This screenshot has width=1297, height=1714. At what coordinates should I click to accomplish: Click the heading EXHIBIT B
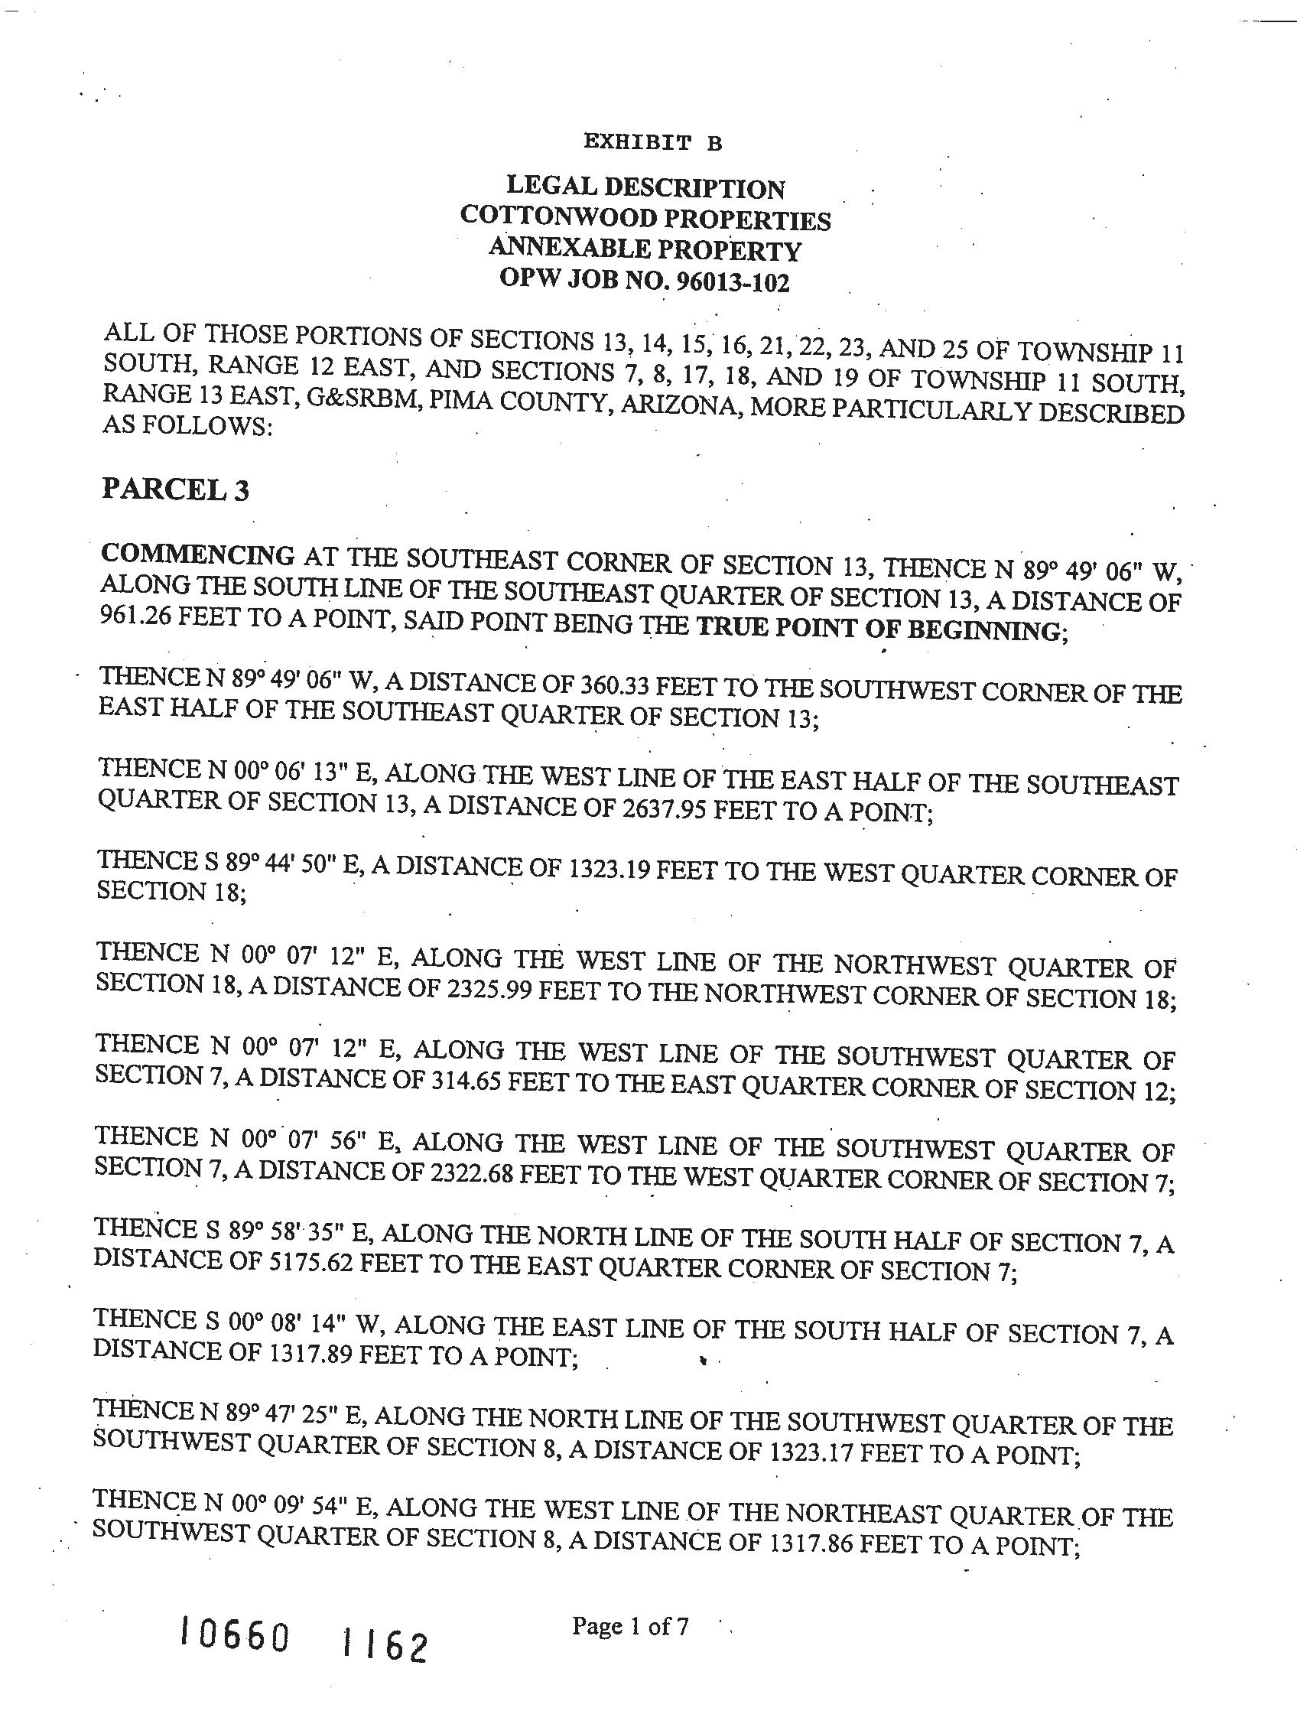pos(652,142)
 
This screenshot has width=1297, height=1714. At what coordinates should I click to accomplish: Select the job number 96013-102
pos(733,283)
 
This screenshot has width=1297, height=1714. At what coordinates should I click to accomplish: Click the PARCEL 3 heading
pos(175,490)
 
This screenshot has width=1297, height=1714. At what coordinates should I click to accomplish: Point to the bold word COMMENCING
pos(197,555)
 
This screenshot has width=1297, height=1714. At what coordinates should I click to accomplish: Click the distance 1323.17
pos(810,1452)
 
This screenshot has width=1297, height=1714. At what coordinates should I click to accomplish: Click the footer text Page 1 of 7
pos(630,1625)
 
